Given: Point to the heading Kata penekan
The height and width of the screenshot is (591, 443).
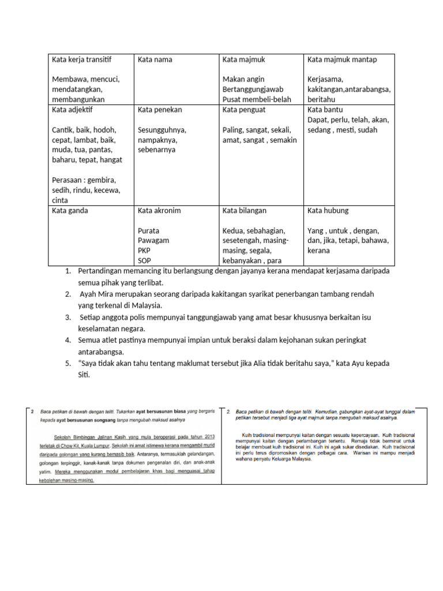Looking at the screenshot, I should point(160,109).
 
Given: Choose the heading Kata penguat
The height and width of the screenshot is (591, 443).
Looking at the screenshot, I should point(246,109).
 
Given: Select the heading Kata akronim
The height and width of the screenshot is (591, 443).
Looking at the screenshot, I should point(159,211).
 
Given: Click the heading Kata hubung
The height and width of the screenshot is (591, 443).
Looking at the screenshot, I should point(328,211).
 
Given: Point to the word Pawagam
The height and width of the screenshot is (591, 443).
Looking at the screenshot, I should point(153,241).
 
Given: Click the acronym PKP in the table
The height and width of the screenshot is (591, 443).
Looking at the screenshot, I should point(144,251).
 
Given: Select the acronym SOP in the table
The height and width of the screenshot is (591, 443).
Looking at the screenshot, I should point(144,261).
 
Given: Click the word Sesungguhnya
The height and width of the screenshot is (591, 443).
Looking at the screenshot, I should point(162,130).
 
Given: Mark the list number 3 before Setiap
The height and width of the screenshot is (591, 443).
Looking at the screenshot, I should point(67,317).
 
